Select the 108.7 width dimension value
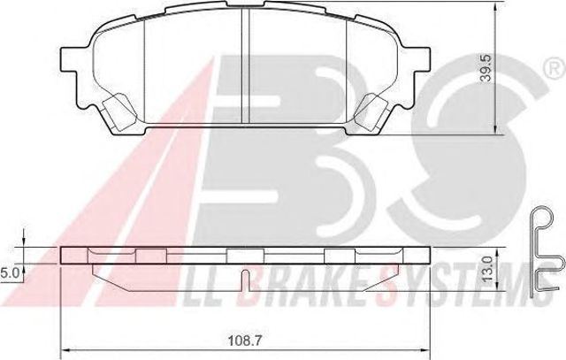245,341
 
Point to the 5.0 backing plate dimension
8,273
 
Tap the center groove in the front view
245,66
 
